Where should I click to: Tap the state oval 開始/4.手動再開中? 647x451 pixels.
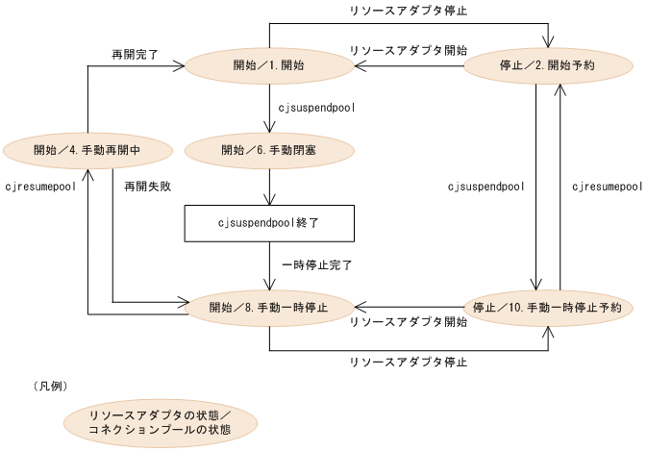point(88,150)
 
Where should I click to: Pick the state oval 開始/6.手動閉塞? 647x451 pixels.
point(268,150)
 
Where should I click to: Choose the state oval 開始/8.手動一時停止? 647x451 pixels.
point(268,308)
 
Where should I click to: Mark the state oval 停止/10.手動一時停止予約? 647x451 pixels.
point(548,308)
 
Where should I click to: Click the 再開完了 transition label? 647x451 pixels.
point(135,57)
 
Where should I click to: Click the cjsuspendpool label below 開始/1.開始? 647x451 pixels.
point(316,108)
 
